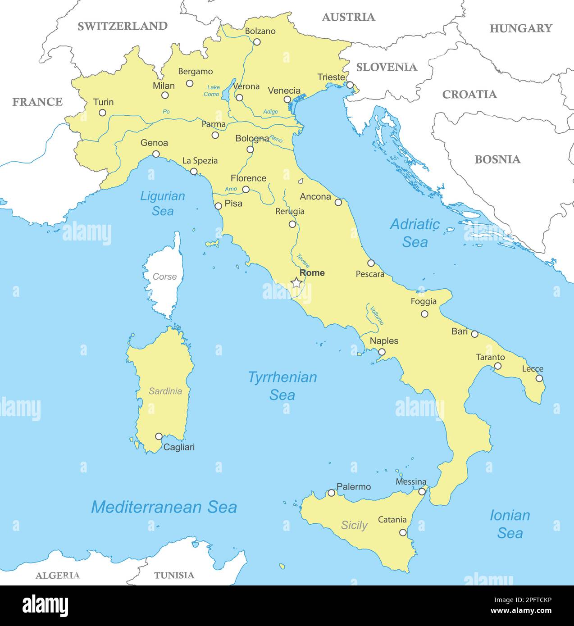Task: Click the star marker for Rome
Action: [x=296, y=283]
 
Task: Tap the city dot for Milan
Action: [x=165, y=95]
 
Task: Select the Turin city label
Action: [x=103, y=102]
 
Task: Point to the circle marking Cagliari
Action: [x=159, y=436]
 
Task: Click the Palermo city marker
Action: [x=331, y=493]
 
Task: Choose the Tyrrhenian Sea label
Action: [x=282, y=386]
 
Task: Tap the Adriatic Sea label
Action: [x=415, y=233]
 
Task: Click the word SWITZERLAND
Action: [x=123, y=26]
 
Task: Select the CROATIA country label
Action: [x=469, y=95]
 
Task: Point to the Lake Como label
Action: [x=212, y=91]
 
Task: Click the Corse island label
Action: [x=164, y=277]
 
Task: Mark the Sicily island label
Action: [x=354, y=525]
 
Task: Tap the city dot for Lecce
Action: [x=539, y=378]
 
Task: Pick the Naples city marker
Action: [x=382, y=352]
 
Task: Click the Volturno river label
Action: [x=377, y=315]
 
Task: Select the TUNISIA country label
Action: [x=174, y=575]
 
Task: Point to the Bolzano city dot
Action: [x=257, y=42]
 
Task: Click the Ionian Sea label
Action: [x=510, y=524]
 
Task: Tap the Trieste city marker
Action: [x=350, y=85]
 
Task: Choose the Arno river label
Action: [x=231, y=189]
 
